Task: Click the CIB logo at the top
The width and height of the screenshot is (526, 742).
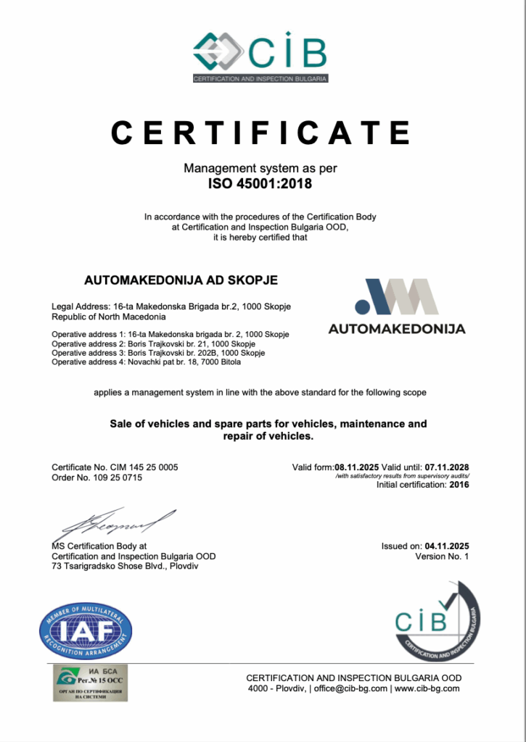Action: (x=260, y=54)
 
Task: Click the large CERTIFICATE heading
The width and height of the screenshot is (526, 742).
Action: (x=261, y=133)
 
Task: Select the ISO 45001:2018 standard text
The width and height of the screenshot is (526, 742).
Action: (x=260, y=183)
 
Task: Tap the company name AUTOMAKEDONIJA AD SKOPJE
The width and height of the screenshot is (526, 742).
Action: (x=181, y=280)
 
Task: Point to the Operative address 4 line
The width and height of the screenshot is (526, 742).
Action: (x=146, y=362)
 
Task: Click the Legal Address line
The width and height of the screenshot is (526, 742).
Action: (x=171, y=307)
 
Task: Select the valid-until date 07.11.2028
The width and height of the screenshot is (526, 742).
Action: (x=447, y=467)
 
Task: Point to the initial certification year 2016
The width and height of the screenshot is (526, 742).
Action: (x=458, y=485)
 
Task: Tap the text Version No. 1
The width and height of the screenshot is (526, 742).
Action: (x=443, y=556)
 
